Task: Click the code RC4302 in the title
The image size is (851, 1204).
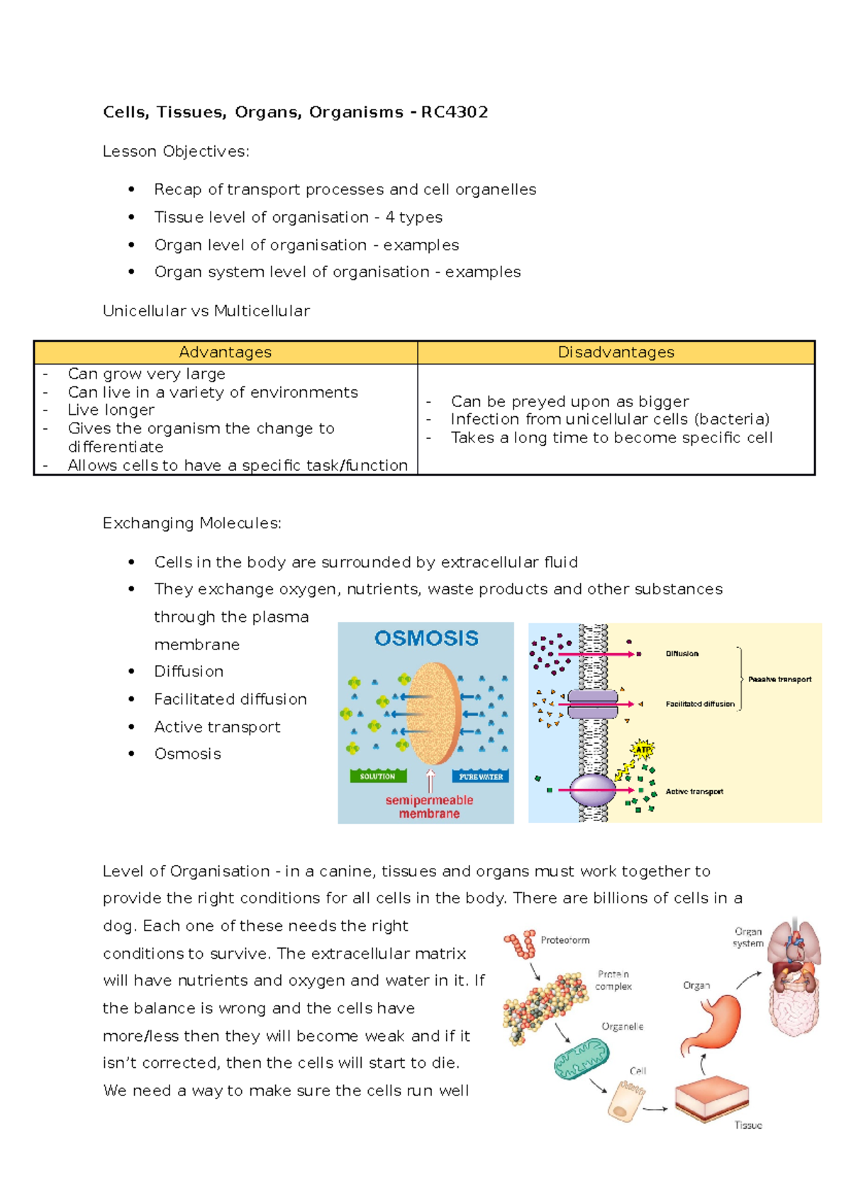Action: pos(454,112)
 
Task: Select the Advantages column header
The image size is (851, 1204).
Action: pos(225,352)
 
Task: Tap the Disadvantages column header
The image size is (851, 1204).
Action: pos(616,352)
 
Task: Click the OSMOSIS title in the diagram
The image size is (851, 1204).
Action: pos(426,638)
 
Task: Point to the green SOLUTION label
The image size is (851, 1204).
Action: pos(377,776)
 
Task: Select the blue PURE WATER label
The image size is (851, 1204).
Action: pos(480,776)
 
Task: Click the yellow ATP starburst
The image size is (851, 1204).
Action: pos(642,749)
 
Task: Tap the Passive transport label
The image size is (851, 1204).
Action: pos(779,679)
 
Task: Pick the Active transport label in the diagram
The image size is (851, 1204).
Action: pos(694,791)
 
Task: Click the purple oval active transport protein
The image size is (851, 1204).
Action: pos(593,789)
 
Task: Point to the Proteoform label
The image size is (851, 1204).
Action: pos(565,940)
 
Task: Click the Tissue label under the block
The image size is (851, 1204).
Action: pos(748,1125)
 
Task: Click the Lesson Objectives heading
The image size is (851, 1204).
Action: pos(176,151)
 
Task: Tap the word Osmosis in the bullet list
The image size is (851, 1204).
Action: pos(188,754)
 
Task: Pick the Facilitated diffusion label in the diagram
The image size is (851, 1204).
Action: pos(700,704)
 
